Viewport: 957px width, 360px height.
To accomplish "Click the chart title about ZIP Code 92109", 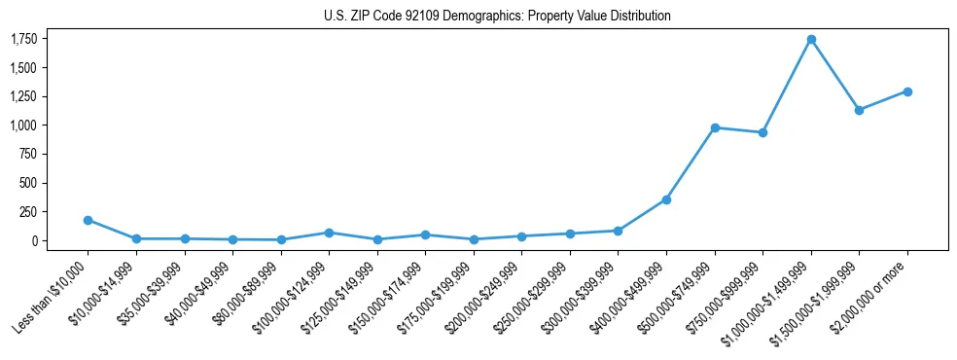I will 497,16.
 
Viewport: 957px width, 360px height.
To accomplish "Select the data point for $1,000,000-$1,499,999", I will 811,40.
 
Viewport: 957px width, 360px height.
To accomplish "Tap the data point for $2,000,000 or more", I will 907,91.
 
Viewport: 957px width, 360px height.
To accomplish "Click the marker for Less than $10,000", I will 88,220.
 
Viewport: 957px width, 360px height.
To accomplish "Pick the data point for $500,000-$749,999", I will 715,127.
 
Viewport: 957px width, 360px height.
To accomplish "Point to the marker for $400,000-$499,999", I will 666,199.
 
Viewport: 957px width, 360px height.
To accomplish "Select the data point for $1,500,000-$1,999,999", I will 859,110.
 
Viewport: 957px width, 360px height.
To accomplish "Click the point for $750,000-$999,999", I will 762,132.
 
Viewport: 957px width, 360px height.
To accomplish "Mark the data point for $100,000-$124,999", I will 329,233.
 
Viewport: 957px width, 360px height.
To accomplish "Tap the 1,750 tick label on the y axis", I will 23,39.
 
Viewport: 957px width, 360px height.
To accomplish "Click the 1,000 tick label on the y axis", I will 23,126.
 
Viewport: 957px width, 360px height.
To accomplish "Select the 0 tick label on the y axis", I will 34,240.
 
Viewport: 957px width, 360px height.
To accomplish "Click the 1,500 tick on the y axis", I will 23,68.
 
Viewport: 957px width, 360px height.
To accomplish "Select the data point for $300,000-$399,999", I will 618,231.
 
